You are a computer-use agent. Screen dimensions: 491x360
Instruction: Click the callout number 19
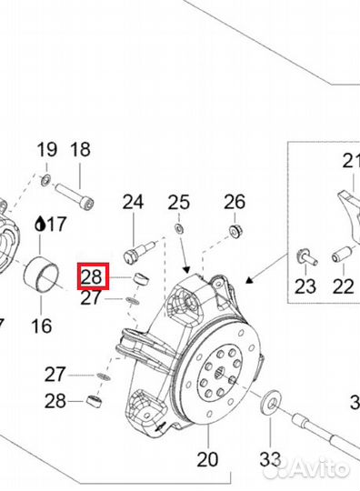pos(46,149)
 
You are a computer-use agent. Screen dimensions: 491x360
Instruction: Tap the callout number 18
pos(80,149)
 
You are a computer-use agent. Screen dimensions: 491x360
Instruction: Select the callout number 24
pos(134,202)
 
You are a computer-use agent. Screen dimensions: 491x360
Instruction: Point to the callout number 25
pos(179,202)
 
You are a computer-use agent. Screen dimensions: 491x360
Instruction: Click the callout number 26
pos(235,201)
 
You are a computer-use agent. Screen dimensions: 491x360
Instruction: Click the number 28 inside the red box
pos(92,276)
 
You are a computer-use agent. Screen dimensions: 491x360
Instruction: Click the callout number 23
pos(305,286)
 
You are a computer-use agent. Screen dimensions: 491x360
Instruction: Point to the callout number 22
pos(342,286)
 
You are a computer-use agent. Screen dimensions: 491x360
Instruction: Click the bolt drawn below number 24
pos(140,244)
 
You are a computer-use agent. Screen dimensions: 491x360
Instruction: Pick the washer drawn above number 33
pos(269,401)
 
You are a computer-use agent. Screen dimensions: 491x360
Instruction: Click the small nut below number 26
pos(235,233)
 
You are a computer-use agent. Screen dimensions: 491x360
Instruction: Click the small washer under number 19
pos(46,179)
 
